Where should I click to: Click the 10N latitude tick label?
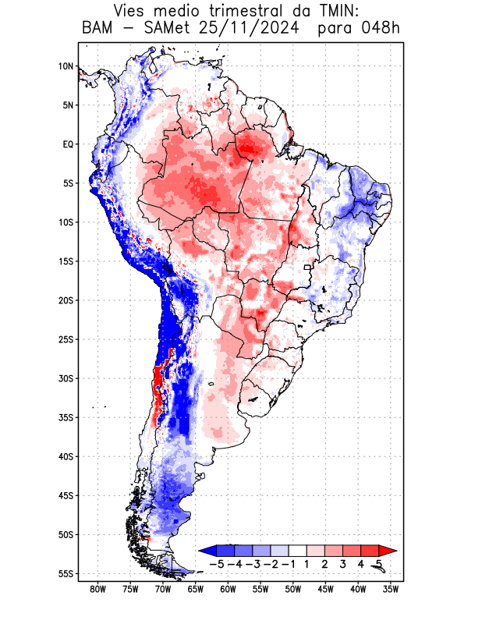click(66, 66)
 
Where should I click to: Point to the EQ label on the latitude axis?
click(68, 144)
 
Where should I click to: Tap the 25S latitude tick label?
click(66, 339)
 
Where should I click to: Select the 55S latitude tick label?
click(66, 574)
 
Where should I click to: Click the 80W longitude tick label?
click(97, 590)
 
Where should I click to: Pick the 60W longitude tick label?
click(228, 590)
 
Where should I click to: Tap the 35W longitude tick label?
click(391, 590)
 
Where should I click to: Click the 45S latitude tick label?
click(66, 495)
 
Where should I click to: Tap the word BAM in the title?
click(97, 30)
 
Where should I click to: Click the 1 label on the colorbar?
click(307, 563)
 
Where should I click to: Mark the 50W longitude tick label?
click(293, 590)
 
